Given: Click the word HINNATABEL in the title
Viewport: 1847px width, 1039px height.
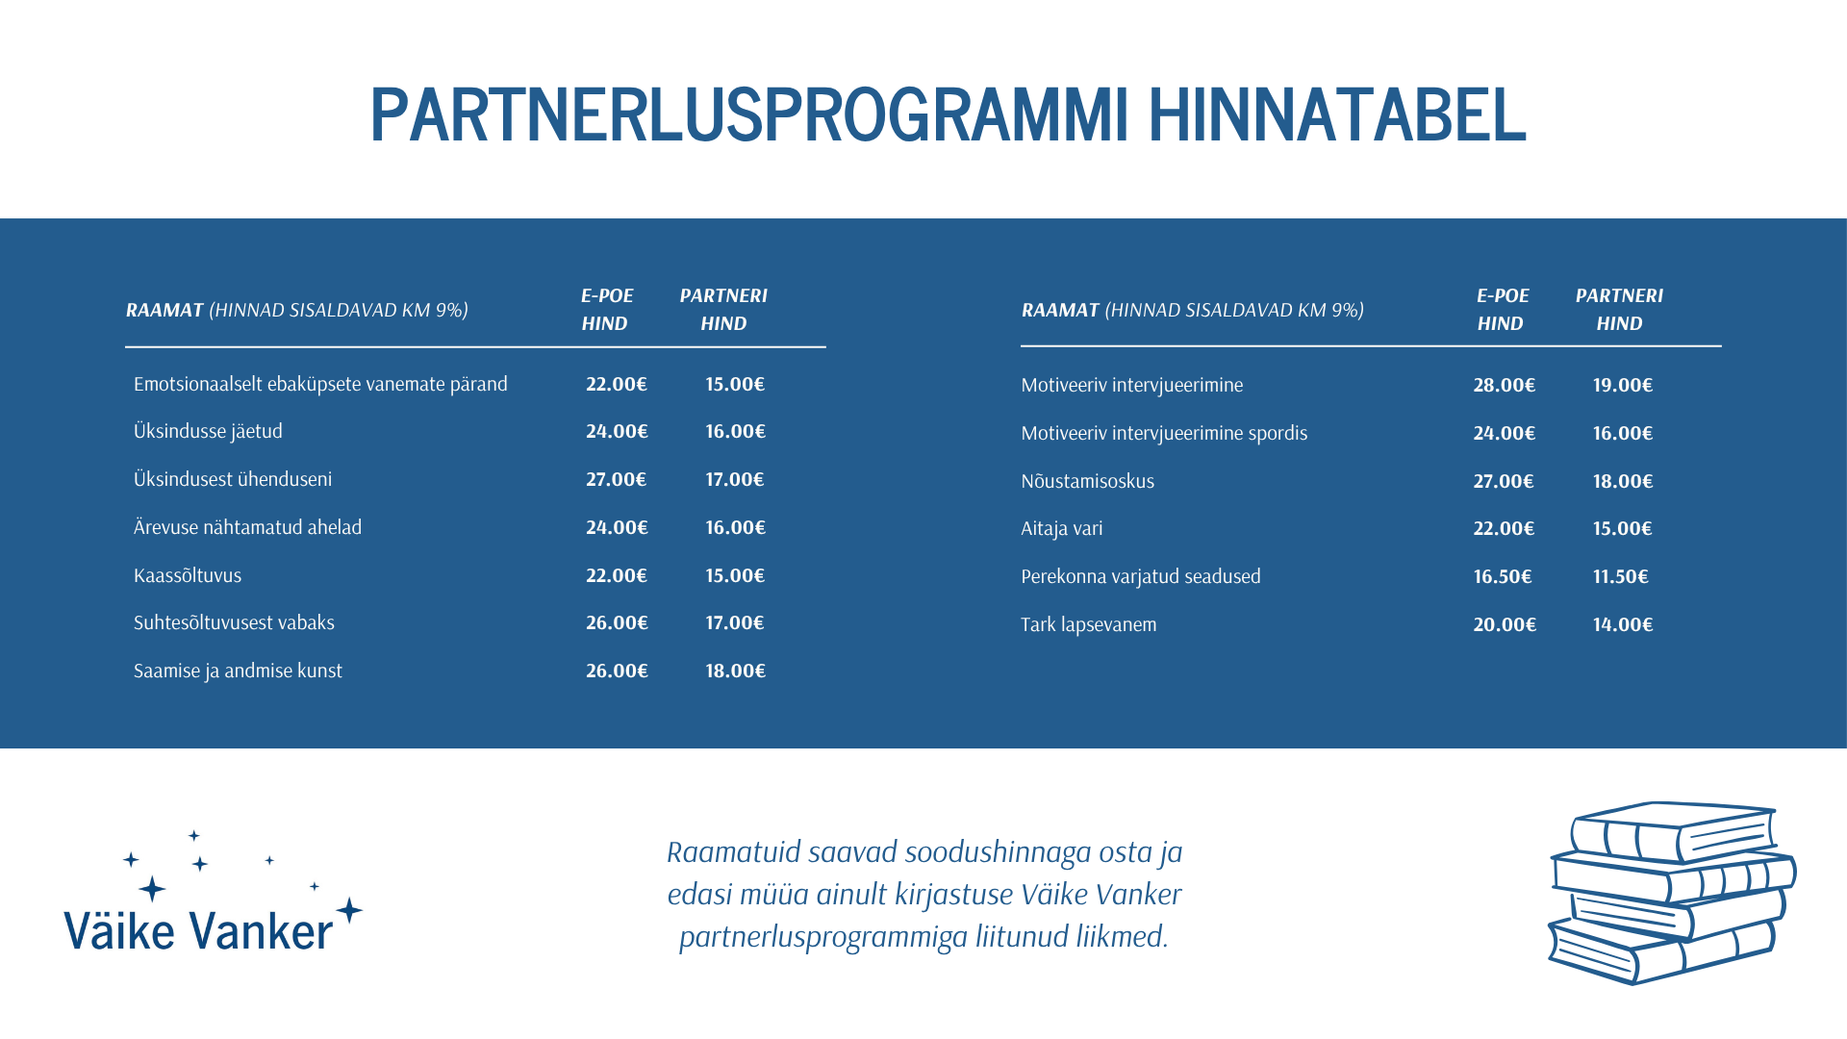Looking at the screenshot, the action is [1336, 114].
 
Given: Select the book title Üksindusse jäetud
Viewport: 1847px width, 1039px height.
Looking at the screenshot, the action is [208, 431].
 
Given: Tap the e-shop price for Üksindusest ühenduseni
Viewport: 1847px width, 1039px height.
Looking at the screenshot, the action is [616, 479].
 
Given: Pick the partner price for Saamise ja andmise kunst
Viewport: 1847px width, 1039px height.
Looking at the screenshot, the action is [735, 671].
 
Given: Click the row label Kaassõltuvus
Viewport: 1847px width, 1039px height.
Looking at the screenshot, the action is [188, 575].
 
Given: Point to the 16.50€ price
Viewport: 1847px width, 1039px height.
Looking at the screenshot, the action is [1502, 576].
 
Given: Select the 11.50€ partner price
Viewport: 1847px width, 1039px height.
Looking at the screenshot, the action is [1620, 576].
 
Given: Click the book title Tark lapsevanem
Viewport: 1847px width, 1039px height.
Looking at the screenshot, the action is [1088, 624].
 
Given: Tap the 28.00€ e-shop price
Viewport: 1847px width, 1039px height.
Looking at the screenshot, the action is [1504, 385].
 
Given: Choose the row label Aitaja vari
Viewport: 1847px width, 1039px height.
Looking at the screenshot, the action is [1062, 528].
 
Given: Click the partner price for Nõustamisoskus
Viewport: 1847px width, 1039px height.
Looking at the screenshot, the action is [1622, 481].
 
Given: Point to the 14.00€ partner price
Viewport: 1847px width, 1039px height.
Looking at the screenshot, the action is [1622, 624].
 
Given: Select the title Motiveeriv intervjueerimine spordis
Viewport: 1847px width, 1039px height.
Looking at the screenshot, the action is [1164, 433].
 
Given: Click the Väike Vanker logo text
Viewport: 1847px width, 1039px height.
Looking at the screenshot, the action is [199, 931].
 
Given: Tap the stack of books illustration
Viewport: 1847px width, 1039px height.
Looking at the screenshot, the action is [1672, 893].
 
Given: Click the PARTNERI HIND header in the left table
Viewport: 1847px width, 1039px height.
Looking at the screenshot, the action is [723, 309].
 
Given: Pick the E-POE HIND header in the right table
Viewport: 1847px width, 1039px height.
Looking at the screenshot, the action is [1502, 309].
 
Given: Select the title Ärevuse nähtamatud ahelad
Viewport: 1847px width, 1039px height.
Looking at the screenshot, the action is [247, 527].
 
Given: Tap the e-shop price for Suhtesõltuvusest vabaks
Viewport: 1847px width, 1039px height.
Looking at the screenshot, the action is [617, 622].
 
